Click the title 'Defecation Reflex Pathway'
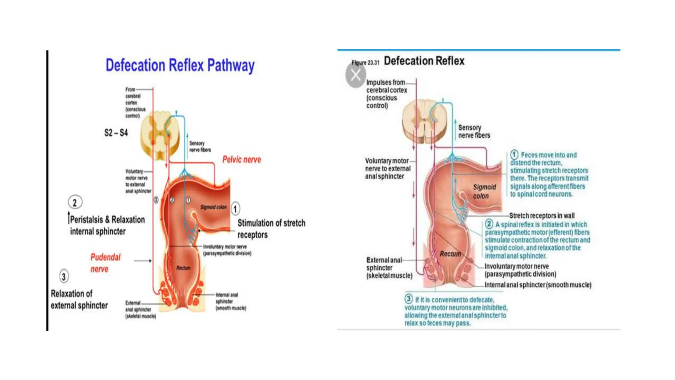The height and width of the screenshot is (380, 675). (180, 65)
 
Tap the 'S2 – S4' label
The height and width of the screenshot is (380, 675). (116, 133)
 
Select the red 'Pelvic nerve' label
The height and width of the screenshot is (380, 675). (242, 160)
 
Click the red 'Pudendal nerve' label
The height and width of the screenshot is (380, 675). (105, 263)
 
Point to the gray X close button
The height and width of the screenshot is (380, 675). (356, 75)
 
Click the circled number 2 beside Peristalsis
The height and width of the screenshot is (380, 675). (75, 203)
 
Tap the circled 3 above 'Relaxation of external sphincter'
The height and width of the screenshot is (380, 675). (64, 276)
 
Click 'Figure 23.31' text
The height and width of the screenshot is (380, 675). (365, 63)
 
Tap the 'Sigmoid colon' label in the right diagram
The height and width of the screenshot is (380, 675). (484, 191)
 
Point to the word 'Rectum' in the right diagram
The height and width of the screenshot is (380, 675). (450, 254)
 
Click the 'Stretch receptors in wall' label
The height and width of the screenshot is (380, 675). (542, 216)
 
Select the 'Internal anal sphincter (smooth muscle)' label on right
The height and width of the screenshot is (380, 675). (538, 285)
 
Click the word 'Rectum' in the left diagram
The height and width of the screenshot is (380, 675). (183, 268)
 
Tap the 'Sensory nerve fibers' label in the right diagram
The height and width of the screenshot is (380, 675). (474, 131)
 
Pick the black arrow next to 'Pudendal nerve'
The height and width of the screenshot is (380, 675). (143, 261)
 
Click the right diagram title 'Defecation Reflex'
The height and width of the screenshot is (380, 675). (424, 61)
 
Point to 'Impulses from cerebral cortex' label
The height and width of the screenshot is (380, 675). (386, 94)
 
